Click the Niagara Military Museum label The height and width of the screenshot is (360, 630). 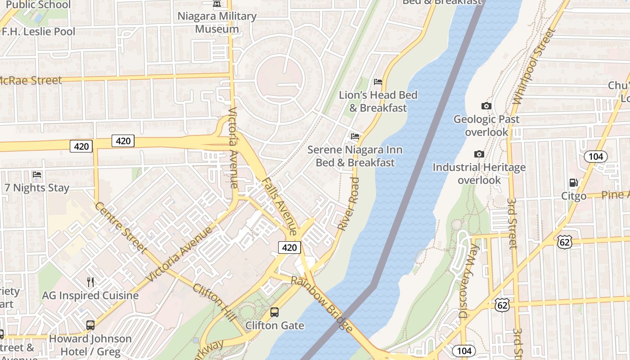click(217, 22)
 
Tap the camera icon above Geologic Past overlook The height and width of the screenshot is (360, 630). click(486, 106)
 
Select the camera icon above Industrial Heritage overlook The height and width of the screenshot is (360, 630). click(479, 154)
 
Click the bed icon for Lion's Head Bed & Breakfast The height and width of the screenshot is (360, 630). click(378, 82)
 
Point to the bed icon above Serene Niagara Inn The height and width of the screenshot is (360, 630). click(355, 136)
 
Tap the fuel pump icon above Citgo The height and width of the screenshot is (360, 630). click(573, 183)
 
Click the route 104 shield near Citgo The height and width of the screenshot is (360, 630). click(595, 157)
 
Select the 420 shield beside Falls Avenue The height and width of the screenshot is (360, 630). click(289, 247)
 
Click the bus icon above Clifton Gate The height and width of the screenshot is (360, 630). click(274, 312)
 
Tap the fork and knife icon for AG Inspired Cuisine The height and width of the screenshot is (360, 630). click(90, 282)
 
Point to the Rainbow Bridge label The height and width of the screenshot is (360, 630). click(322, 304)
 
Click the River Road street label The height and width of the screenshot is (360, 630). click(349, 204)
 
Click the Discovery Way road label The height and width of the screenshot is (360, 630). click(469, 281)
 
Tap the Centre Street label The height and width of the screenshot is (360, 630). click(121, 227)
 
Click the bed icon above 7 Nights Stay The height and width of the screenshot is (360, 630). click(37, 175)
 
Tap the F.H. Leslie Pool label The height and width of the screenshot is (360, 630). click(39, 31)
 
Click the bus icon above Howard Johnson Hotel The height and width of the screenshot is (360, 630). click(90, 325)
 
